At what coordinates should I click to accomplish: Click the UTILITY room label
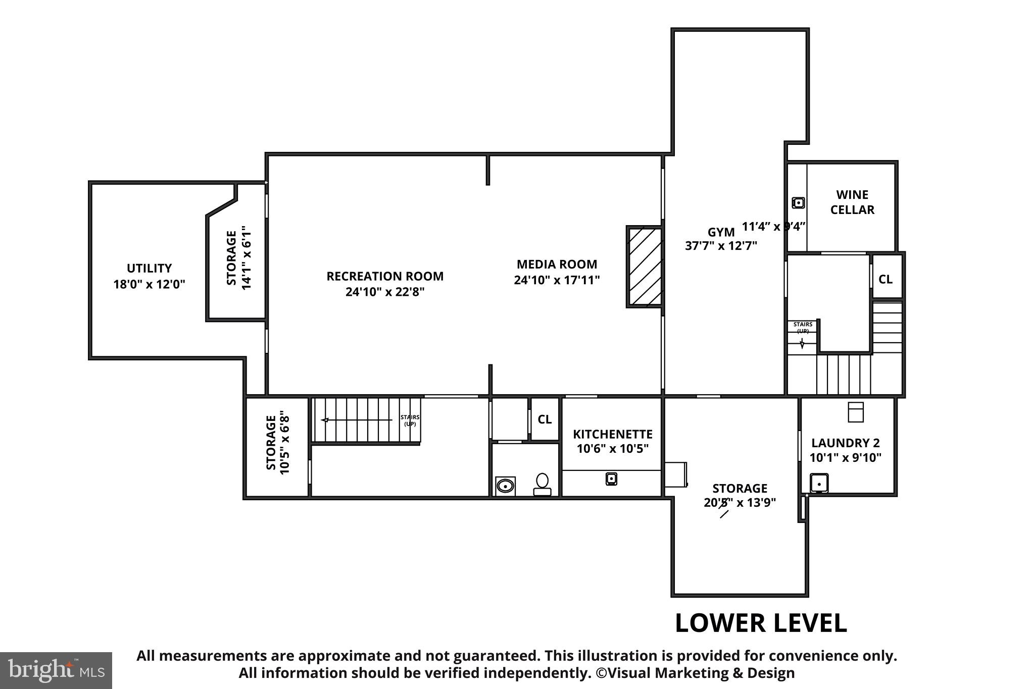[149, 268]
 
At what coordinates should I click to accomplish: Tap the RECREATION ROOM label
[385, 276]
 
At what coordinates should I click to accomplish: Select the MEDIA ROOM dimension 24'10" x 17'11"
[557, 280]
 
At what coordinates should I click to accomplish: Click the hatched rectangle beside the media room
[645, 266]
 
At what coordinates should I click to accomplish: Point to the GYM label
[721, 232]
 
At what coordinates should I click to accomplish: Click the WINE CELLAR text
[852, 202]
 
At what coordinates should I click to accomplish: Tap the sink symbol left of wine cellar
[798, 203]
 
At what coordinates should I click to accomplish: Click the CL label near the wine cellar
[885, 279]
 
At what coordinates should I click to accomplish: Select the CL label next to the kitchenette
[545, 419]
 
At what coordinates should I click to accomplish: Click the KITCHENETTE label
[612, 434]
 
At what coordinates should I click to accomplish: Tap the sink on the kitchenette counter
[611, 478]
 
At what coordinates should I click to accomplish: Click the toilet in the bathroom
[542, 484]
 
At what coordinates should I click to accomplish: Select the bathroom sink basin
[505, 486]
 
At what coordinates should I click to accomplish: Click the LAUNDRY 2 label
[845, 443]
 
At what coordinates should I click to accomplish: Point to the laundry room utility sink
[819, 483]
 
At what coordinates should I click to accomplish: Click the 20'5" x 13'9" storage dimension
[740, 503]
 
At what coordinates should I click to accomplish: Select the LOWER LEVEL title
[760, 623]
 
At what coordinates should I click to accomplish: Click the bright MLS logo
[56, 670]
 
